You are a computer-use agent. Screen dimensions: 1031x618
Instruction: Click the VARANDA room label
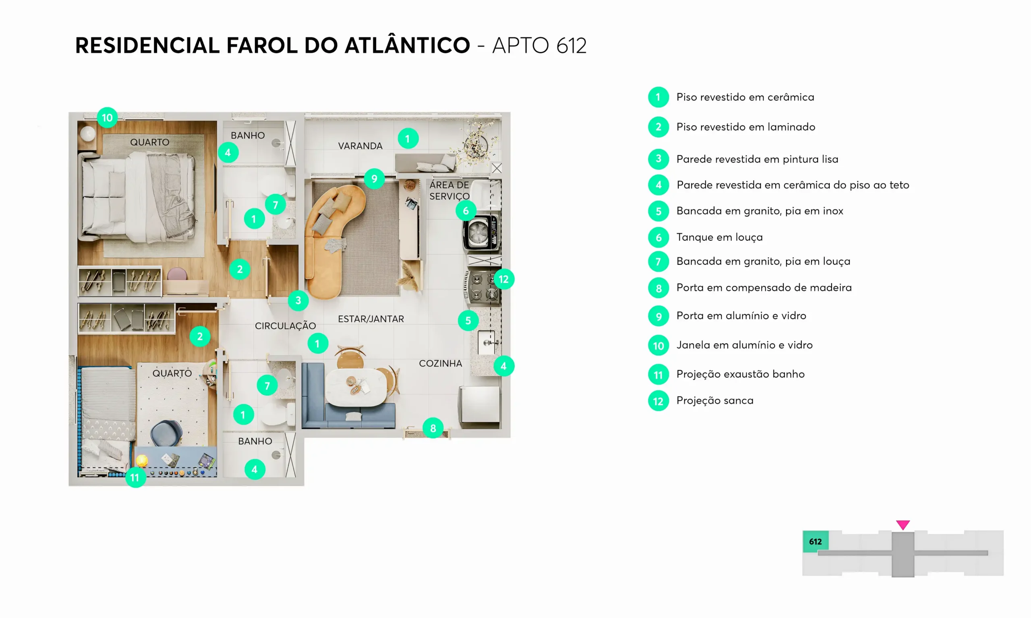coord(360,146)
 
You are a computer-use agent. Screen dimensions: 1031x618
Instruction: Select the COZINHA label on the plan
coord(441,364)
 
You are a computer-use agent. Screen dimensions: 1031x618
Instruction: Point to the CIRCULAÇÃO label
coord(286,325)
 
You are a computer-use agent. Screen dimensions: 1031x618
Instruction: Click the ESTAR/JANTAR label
coord(371,319)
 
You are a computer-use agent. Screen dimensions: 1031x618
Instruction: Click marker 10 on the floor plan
coord(107,117)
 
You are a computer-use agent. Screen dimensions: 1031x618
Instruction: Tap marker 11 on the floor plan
coord(135,477)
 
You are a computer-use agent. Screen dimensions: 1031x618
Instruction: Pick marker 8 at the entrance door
coord(433,428)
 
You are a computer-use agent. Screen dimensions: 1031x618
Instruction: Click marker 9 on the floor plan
coord(374,179)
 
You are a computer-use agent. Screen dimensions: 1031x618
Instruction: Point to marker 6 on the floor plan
coord(466,211)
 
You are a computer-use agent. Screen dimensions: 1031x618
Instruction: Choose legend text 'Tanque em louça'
coord(719,237)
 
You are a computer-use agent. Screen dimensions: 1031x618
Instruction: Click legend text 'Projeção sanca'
coord(715,401)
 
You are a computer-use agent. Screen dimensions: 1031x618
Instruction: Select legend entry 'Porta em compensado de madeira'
coord(764,288)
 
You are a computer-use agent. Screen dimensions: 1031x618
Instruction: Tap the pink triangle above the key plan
coord(903,525)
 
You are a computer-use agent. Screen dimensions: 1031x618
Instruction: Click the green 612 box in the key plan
coord(816,542)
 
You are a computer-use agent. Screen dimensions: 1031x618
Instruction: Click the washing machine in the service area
coord(481,233)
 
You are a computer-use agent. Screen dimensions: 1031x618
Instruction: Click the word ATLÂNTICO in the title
coord(407,45)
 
